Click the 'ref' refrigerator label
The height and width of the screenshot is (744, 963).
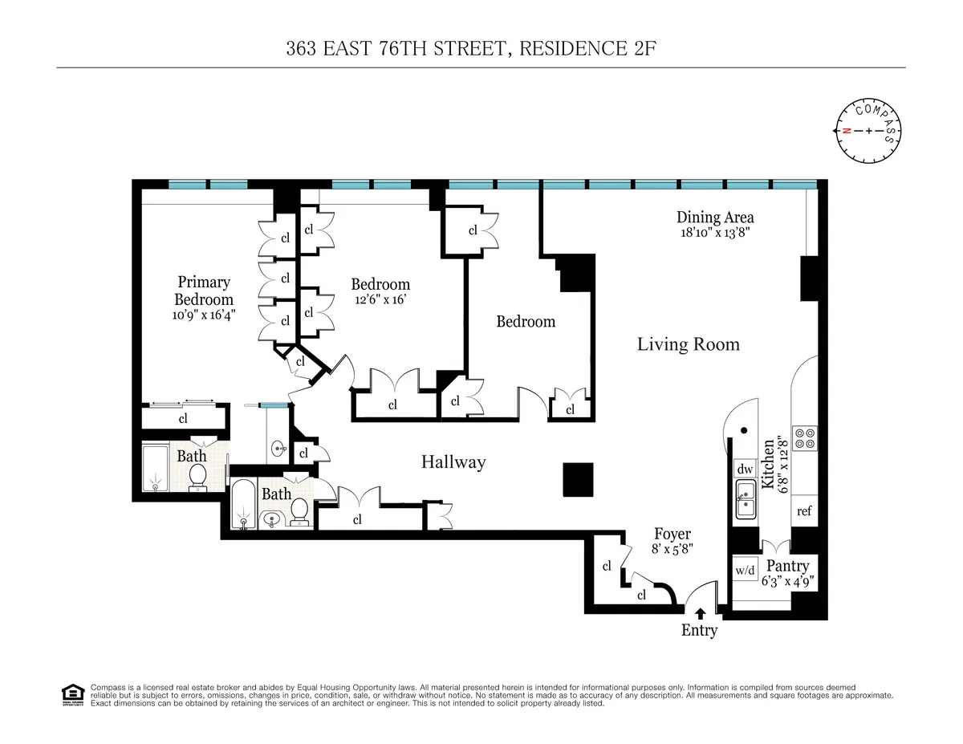coord(804,511)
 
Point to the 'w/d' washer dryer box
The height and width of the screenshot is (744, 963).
coord(746,571)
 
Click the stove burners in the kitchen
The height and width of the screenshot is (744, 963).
coord(804,438)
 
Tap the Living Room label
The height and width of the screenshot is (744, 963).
coord(688,345)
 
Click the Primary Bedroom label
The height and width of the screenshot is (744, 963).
coord(204,291)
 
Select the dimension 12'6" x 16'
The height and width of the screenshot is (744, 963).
coord(380,301)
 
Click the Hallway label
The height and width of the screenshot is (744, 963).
coord(453,462)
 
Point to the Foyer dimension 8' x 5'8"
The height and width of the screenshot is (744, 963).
coord(672,551)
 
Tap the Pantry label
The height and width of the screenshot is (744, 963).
coord(788,566)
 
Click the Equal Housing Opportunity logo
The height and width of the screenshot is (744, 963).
coord(73,695)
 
